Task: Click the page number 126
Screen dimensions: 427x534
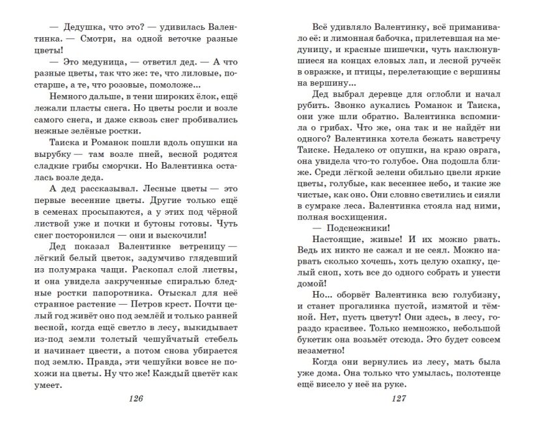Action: coord(133,399)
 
